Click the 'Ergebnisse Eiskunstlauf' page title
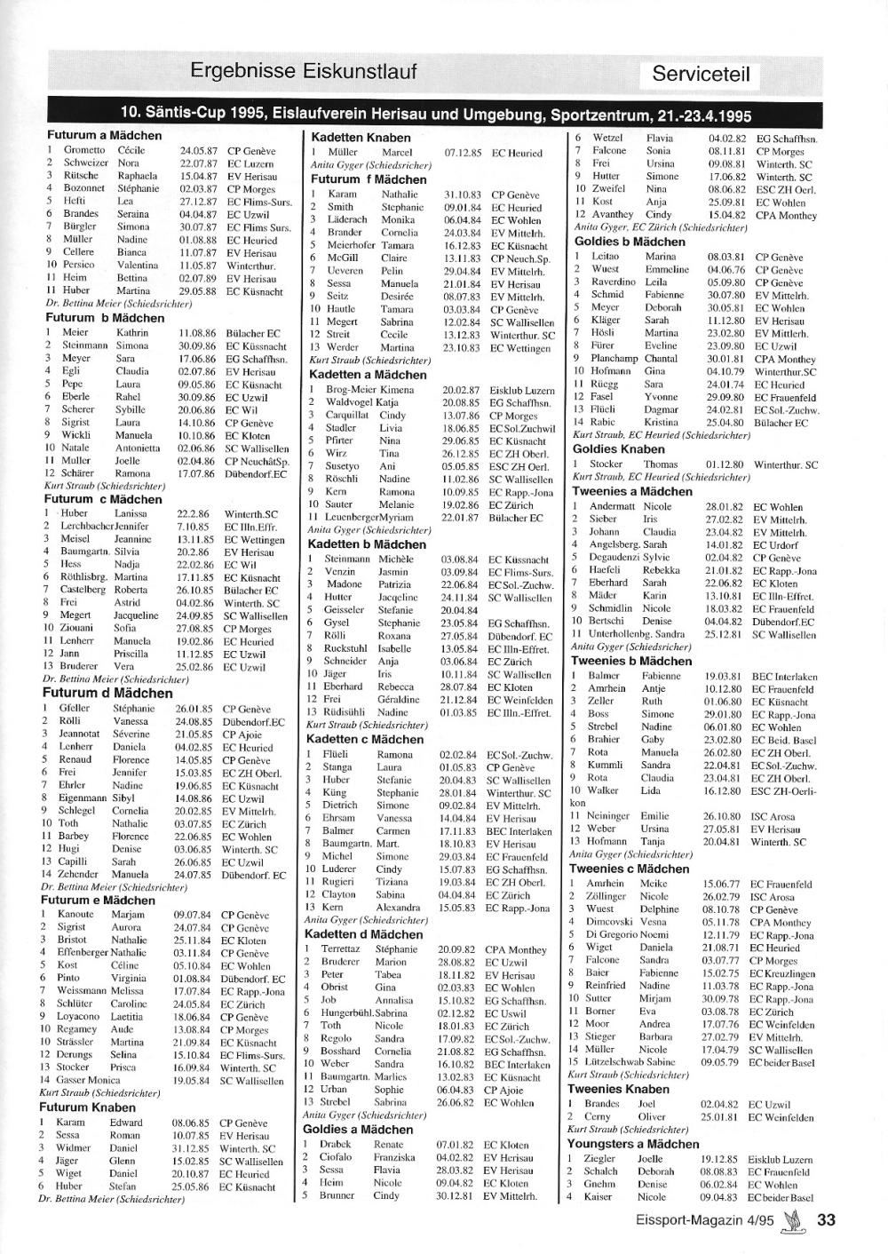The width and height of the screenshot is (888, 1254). tap(303, 71)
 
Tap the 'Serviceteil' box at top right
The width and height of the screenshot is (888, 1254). tap(701, 74)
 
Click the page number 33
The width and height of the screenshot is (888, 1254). tap(826, 1220)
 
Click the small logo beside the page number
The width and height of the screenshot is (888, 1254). tap(789, 1220)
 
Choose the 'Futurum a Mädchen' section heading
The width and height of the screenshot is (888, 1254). tap(104, 136)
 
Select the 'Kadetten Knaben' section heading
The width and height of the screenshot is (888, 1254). tap(360, 138)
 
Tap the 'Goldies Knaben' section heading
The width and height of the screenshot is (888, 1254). tap(619, 448)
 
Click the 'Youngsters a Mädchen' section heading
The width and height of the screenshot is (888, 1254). tap(633, 1144)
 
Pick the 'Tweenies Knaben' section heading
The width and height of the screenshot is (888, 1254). tap(619, 1089)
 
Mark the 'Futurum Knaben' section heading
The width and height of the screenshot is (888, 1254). tap(87, 1107)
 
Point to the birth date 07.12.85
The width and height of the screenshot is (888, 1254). tap(463, 153)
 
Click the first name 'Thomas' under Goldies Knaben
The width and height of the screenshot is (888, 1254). tap(660, 464)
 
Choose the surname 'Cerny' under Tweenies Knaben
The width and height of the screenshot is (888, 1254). tap(598, 1117)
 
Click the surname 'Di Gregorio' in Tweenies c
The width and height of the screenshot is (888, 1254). tap(610, 935)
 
